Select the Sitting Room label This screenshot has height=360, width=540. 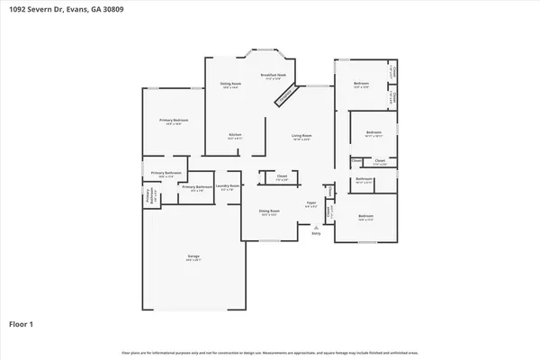pyautogui.click(x=231, y=85)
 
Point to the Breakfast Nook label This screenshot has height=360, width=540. pyautogui.click(x=274, y=76)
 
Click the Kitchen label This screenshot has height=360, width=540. pyautogui.click(x=234, y=136)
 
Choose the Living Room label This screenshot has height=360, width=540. pyautogui.click(x=301, y=136)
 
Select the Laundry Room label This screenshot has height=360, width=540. pyautogui.click(x=224, y=187)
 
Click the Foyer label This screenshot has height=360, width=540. pyautogui.click(x=310, y=204)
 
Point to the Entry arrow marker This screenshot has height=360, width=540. pyautogui.click(x=315, y=226)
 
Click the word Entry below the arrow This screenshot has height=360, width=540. pyautogui.click(x=315, y=233)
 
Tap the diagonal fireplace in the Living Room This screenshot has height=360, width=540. pyautogui.click(x=283, y=95)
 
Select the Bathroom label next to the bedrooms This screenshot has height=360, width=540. pyautogui.click(x=364, y=180)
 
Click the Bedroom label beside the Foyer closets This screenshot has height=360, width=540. pyautogui.click(x=365, y=217)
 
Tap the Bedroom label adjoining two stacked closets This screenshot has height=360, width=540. pyautogui.click(x=361, y=85)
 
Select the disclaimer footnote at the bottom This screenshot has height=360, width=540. pyautogui.click(x=270, y=352)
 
